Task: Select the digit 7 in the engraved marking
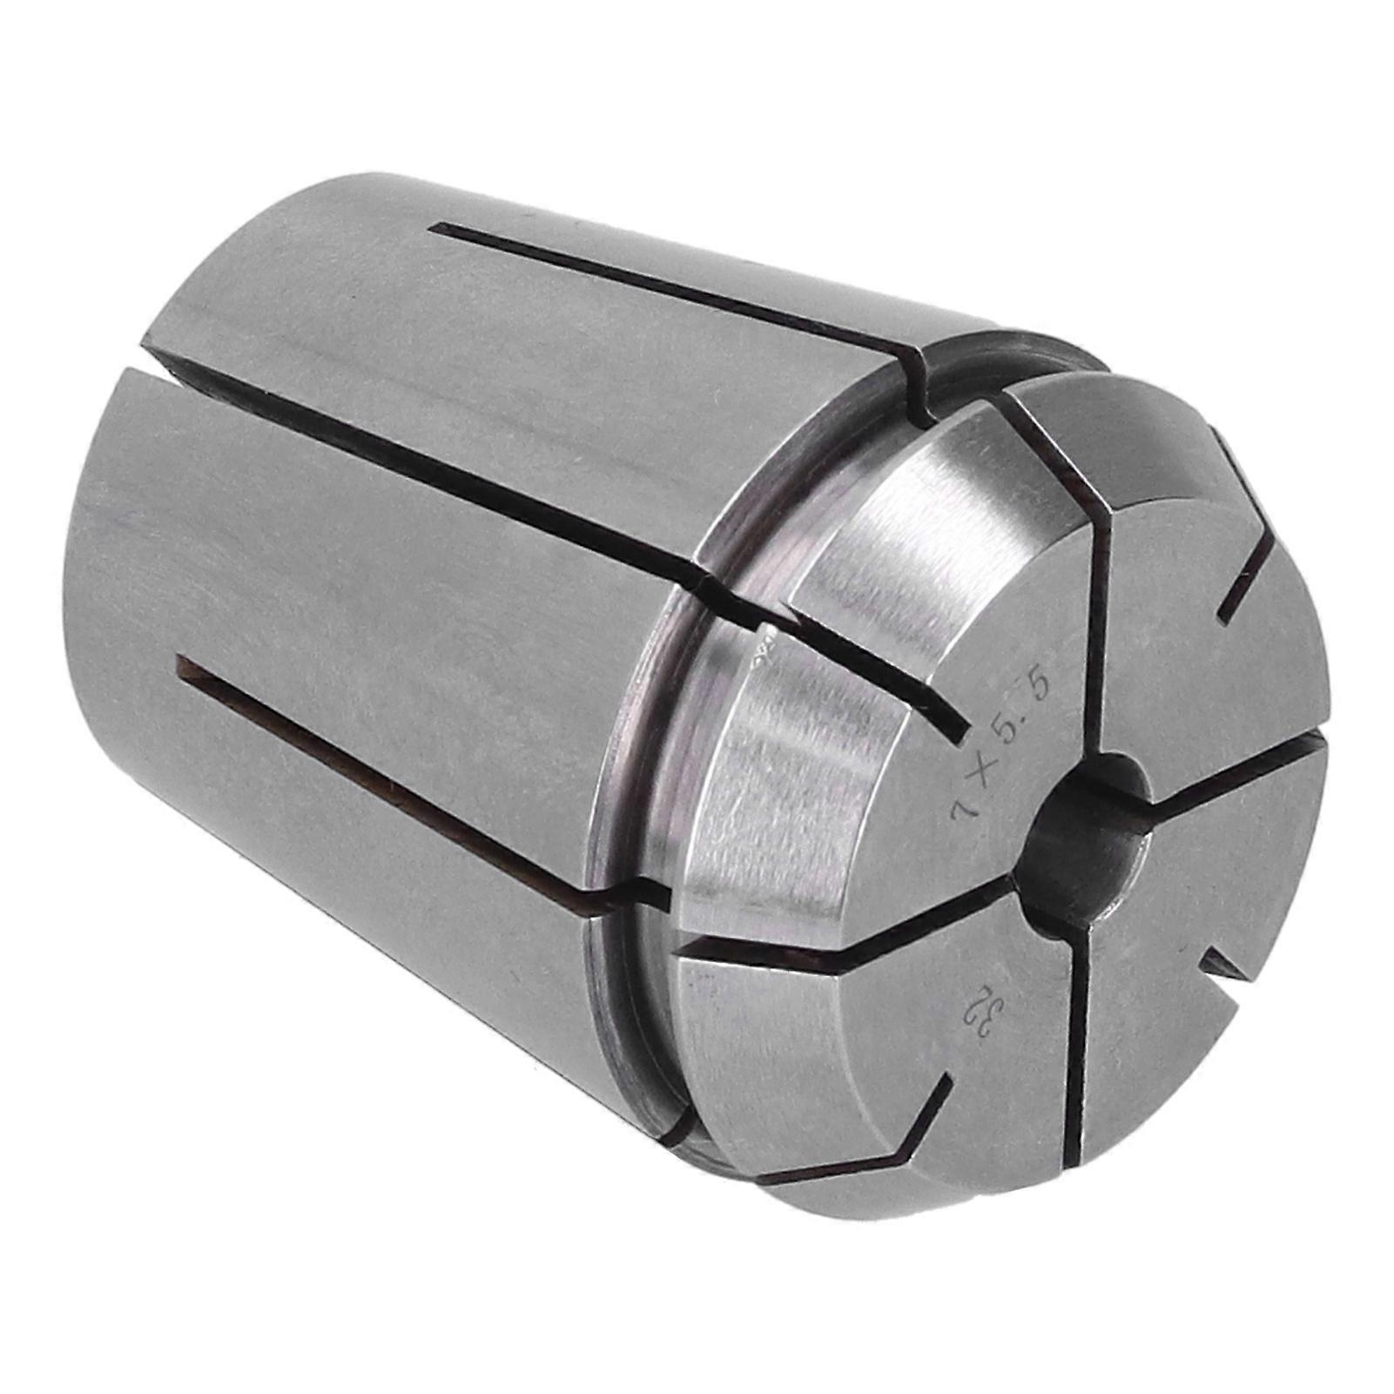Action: (x=963, y=806)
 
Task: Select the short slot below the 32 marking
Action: (x=923, y=1123)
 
